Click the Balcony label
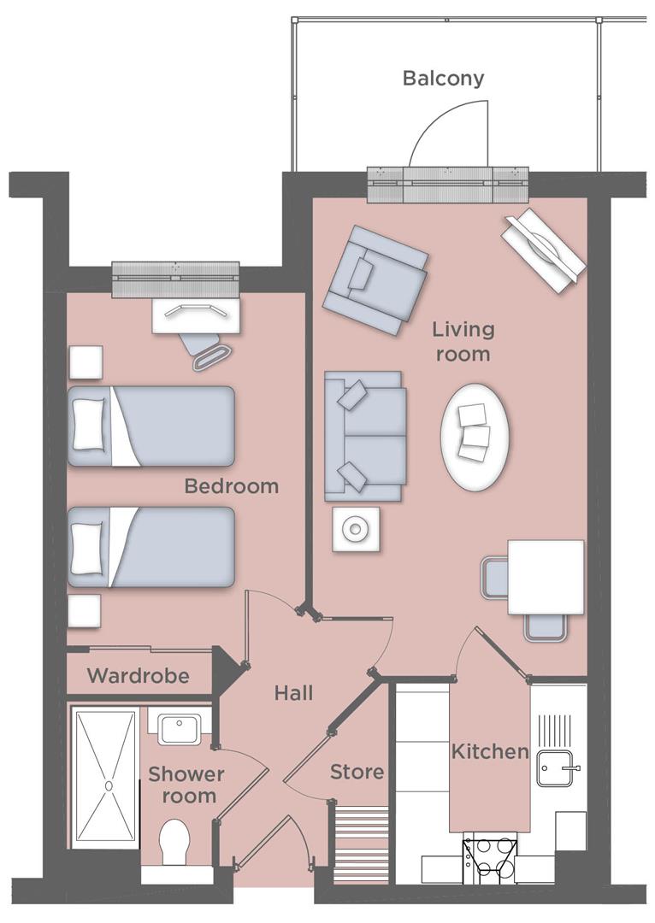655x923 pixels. [443, 79]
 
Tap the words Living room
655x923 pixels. [463, 341]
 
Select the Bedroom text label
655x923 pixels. [232, 486]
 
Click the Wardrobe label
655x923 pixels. [139, 675]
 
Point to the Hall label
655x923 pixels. [293, 693]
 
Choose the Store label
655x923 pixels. [357, 772]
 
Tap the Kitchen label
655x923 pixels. [490, 751]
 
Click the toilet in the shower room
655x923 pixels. [174, 844]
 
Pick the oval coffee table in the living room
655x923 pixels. [475, 434]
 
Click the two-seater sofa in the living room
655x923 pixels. [365, 436]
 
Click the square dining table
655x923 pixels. [546, 578]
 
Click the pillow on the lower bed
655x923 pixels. [89, 548]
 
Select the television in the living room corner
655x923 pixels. [544, 250]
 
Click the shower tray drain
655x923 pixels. [109, 785]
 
